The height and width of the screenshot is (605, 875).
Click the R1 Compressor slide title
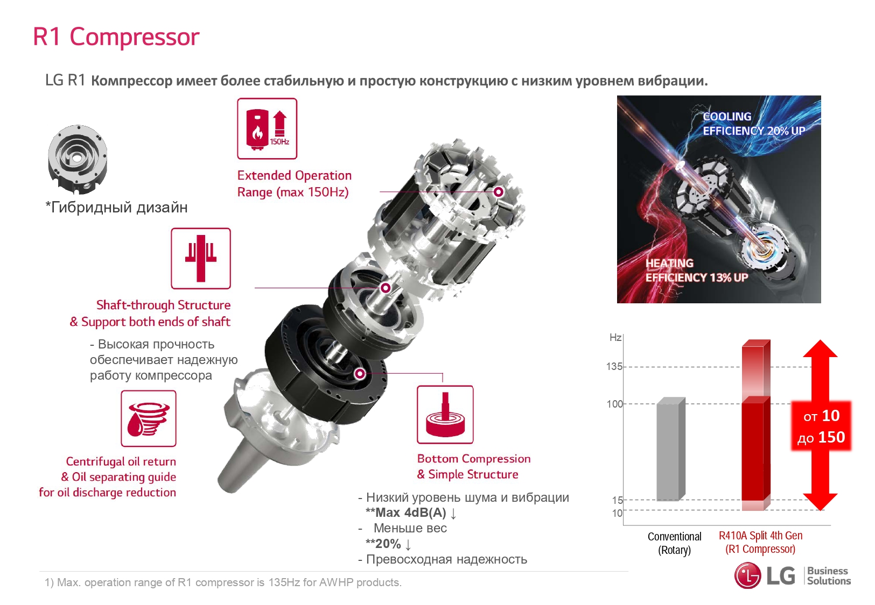116,37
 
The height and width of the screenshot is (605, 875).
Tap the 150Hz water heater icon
267,129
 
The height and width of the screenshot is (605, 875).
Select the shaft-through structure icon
201,258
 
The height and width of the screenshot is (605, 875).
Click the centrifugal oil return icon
149,418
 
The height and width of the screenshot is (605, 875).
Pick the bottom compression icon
445,415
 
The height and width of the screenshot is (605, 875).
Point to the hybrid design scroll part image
78,159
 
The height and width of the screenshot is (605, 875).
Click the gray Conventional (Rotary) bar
671,450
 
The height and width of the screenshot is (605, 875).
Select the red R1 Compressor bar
756,425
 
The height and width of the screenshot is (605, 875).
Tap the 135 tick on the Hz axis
614,367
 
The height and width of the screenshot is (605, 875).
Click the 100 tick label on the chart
614,404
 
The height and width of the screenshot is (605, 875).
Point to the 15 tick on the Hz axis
617,500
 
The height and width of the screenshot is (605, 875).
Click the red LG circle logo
748,575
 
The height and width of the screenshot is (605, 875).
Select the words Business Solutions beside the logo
829,576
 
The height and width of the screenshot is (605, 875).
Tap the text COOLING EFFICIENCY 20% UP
754,124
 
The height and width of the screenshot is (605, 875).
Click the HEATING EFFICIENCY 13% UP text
696,271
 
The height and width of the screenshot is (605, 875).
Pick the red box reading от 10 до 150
821,426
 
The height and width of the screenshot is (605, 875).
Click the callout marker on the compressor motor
499,192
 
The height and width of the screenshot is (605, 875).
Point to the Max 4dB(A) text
410,513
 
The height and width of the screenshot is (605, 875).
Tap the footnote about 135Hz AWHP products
223,582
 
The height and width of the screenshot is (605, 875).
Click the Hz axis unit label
615,337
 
